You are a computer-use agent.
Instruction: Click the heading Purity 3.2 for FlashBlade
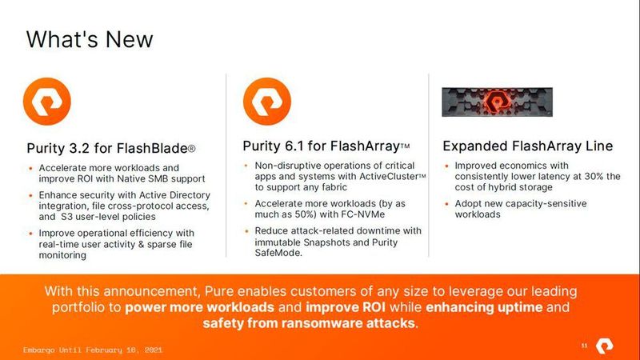[x=111, y=148]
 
